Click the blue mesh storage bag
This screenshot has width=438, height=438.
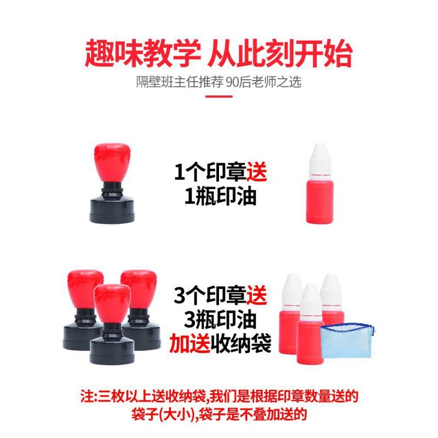click(347, 341)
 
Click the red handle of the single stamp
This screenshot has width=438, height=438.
click(112, 163)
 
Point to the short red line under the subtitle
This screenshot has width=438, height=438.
click(219, 97)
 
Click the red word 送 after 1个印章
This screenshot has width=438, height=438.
click(256, 172)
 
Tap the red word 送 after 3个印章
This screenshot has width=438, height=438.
click(256, 295)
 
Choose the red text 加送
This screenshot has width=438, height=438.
click(189, 343)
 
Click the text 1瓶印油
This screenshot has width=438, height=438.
click(220, 197)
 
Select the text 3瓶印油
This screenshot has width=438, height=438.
click(220, 320)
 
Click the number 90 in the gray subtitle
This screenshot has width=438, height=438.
click(232, 82)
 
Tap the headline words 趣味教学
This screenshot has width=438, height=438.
click(143, 53)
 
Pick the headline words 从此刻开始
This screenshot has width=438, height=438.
click(280, 53)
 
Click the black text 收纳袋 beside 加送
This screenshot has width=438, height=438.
click(241, 343)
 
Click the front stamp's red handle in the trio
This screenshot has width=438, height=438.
click(112, 303)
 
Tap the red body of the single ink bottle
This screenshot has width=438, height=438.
click(320, 200)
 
